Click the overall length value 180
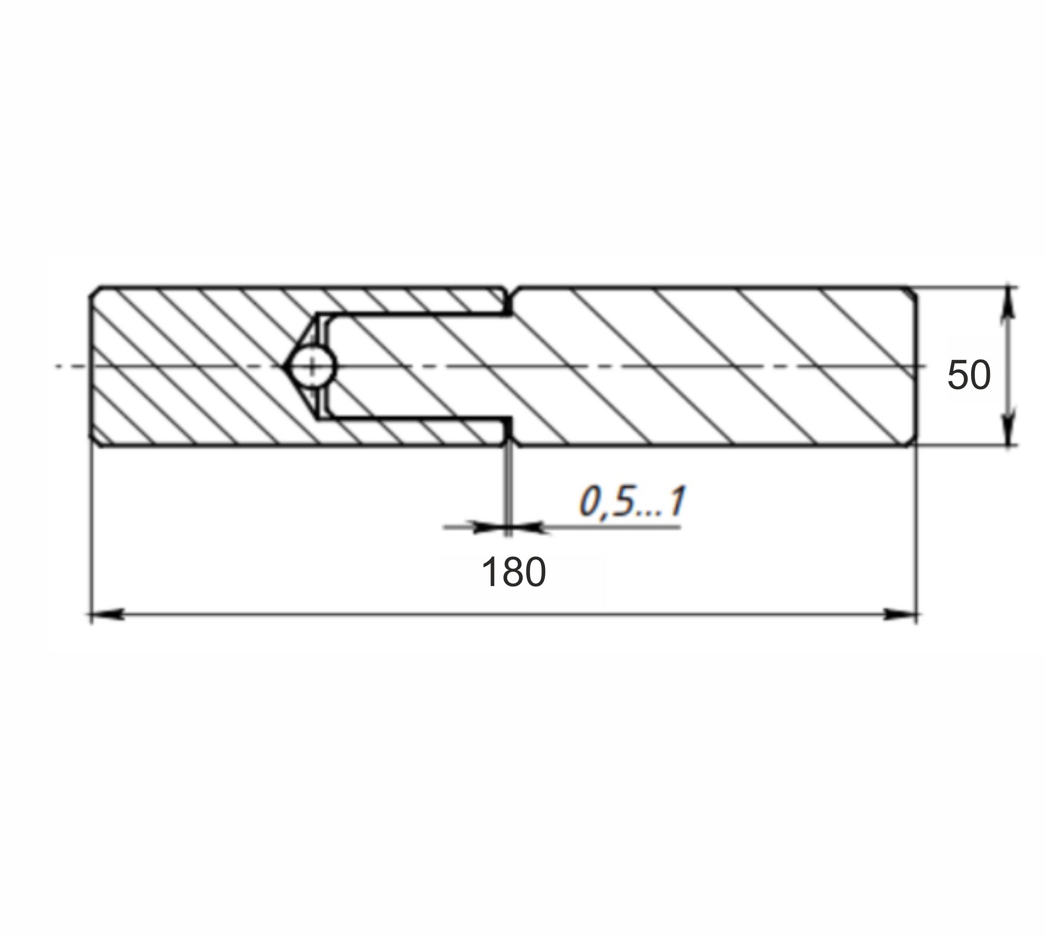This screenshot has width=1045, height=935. click(x=513, y=572)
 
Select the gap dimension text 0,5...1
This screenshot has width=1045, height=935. click(x=632, y=502)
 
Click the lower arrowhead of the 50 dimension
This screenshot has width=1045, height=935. click(x=1009, y=429)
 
